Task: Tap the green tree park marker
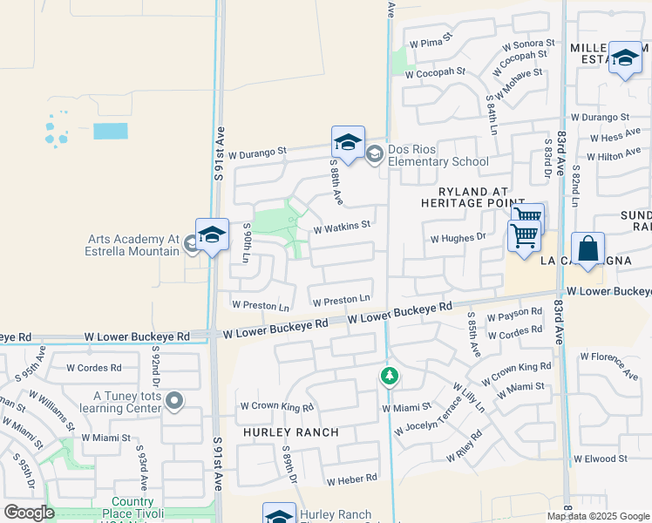pos(390,377)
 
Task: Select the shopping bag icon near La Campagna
pos(588,248)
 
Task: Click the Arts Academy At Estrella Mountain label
pos(133,245)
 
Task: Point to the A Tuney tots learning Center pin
pos(175,401)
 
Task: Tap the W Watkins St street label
pos(343,225)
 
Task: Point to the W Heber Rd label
pos(351,479)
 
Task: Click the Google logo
pos(29,512)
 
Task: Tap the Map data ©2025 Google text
pos(598,516)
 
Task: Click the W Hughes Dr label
pos(458,236)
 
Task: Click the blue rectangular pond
pos(110,131)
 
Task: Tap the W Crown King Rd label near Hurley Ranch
pos(276,406)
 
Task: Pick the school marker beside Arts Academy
pos(212,236)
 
